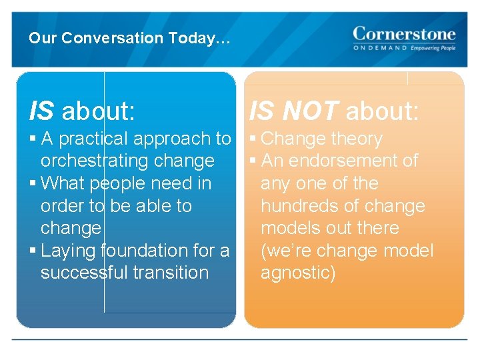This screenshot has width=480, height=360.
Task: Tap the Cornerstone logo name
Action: (404, 33)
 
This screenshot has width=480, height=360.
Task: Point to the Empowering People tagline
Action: (433, 49)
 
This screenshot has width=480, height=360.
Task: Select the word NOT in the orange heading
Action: (311, 111)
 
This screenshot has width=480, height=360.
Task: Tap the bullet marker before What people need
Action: (33, 183)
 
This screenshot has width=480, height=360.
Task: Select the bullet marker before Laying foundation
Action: (33, 251)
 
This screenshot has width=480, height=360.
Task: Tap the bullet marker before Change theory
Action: (253, 139)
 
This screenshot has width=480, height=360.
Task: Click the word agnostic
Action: (297, 273)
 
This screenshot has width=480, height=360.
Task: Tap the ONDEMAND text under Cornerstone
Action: (380, 49)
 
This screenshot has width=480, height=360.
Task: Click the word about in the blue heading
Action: (98, 111)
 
